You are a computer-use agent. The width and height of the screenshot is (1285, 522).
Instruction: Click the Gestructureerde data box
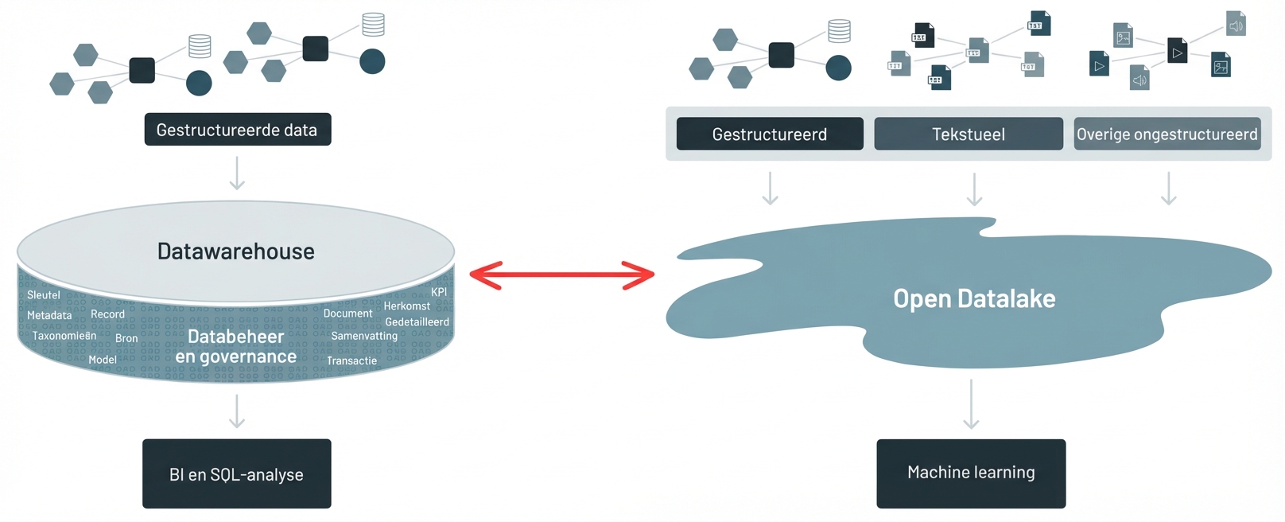click(237, 130)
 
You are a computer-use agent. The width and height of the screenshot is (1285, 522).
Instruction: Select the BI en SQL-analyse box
click(237, 474)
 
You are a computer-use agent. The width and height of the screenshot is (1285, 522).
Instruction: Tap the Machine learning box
click(971, 473)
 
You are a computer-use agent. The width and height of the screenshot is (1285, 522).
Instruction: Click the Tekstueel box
click(969, 134)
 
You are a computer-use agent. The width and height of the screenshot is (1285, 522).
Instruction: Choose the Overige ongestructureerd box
click(1167, 134)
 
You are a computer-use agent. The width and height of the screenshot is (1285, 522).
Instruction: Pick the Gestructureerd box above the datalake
click(770, 134)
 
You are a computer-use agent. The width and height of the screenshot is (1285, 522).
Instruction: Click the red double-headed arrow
click(561, 275)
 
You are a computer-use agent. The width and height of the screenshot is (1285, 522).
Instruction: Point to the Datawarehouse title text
click(236, 251)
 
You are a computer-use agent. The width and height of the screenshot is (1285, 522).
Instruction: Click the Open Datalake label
click(974, 298)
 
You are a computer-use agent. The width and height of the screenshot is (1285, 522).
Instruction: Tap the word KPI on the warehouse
click(439, 292)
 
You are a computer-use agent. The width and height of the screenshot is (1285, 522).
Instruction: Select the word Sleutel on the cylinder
click(44, 295)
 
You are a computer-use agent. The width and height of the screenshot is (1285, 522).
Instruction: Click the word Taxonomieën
click(64, 336)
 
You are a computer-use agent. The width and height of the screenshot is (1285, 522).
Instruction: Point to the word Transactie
click(351, 360)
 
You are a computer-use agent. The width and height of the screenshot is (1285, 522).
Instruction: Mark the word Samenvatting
click(364, 336)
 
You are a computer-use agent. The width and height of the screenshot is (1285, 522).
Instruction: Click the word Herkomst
click(406, 306)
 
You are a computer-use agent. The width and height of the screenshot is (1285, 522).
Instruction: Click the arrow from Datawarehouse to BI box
click(237, 411)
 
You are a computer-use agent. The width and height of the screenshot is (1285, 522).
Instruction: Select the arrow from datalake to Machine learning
click(971, 404)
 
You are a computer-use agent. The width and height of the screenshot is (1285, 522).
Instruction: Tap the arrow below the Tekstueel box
click(974, 189)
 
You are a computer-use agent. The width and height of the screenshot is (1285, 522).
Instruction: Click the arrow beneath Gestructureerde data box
click(237, 173)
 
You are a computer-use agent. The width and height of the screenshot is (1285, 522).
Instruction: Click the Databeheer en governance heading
click(236, 347)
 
